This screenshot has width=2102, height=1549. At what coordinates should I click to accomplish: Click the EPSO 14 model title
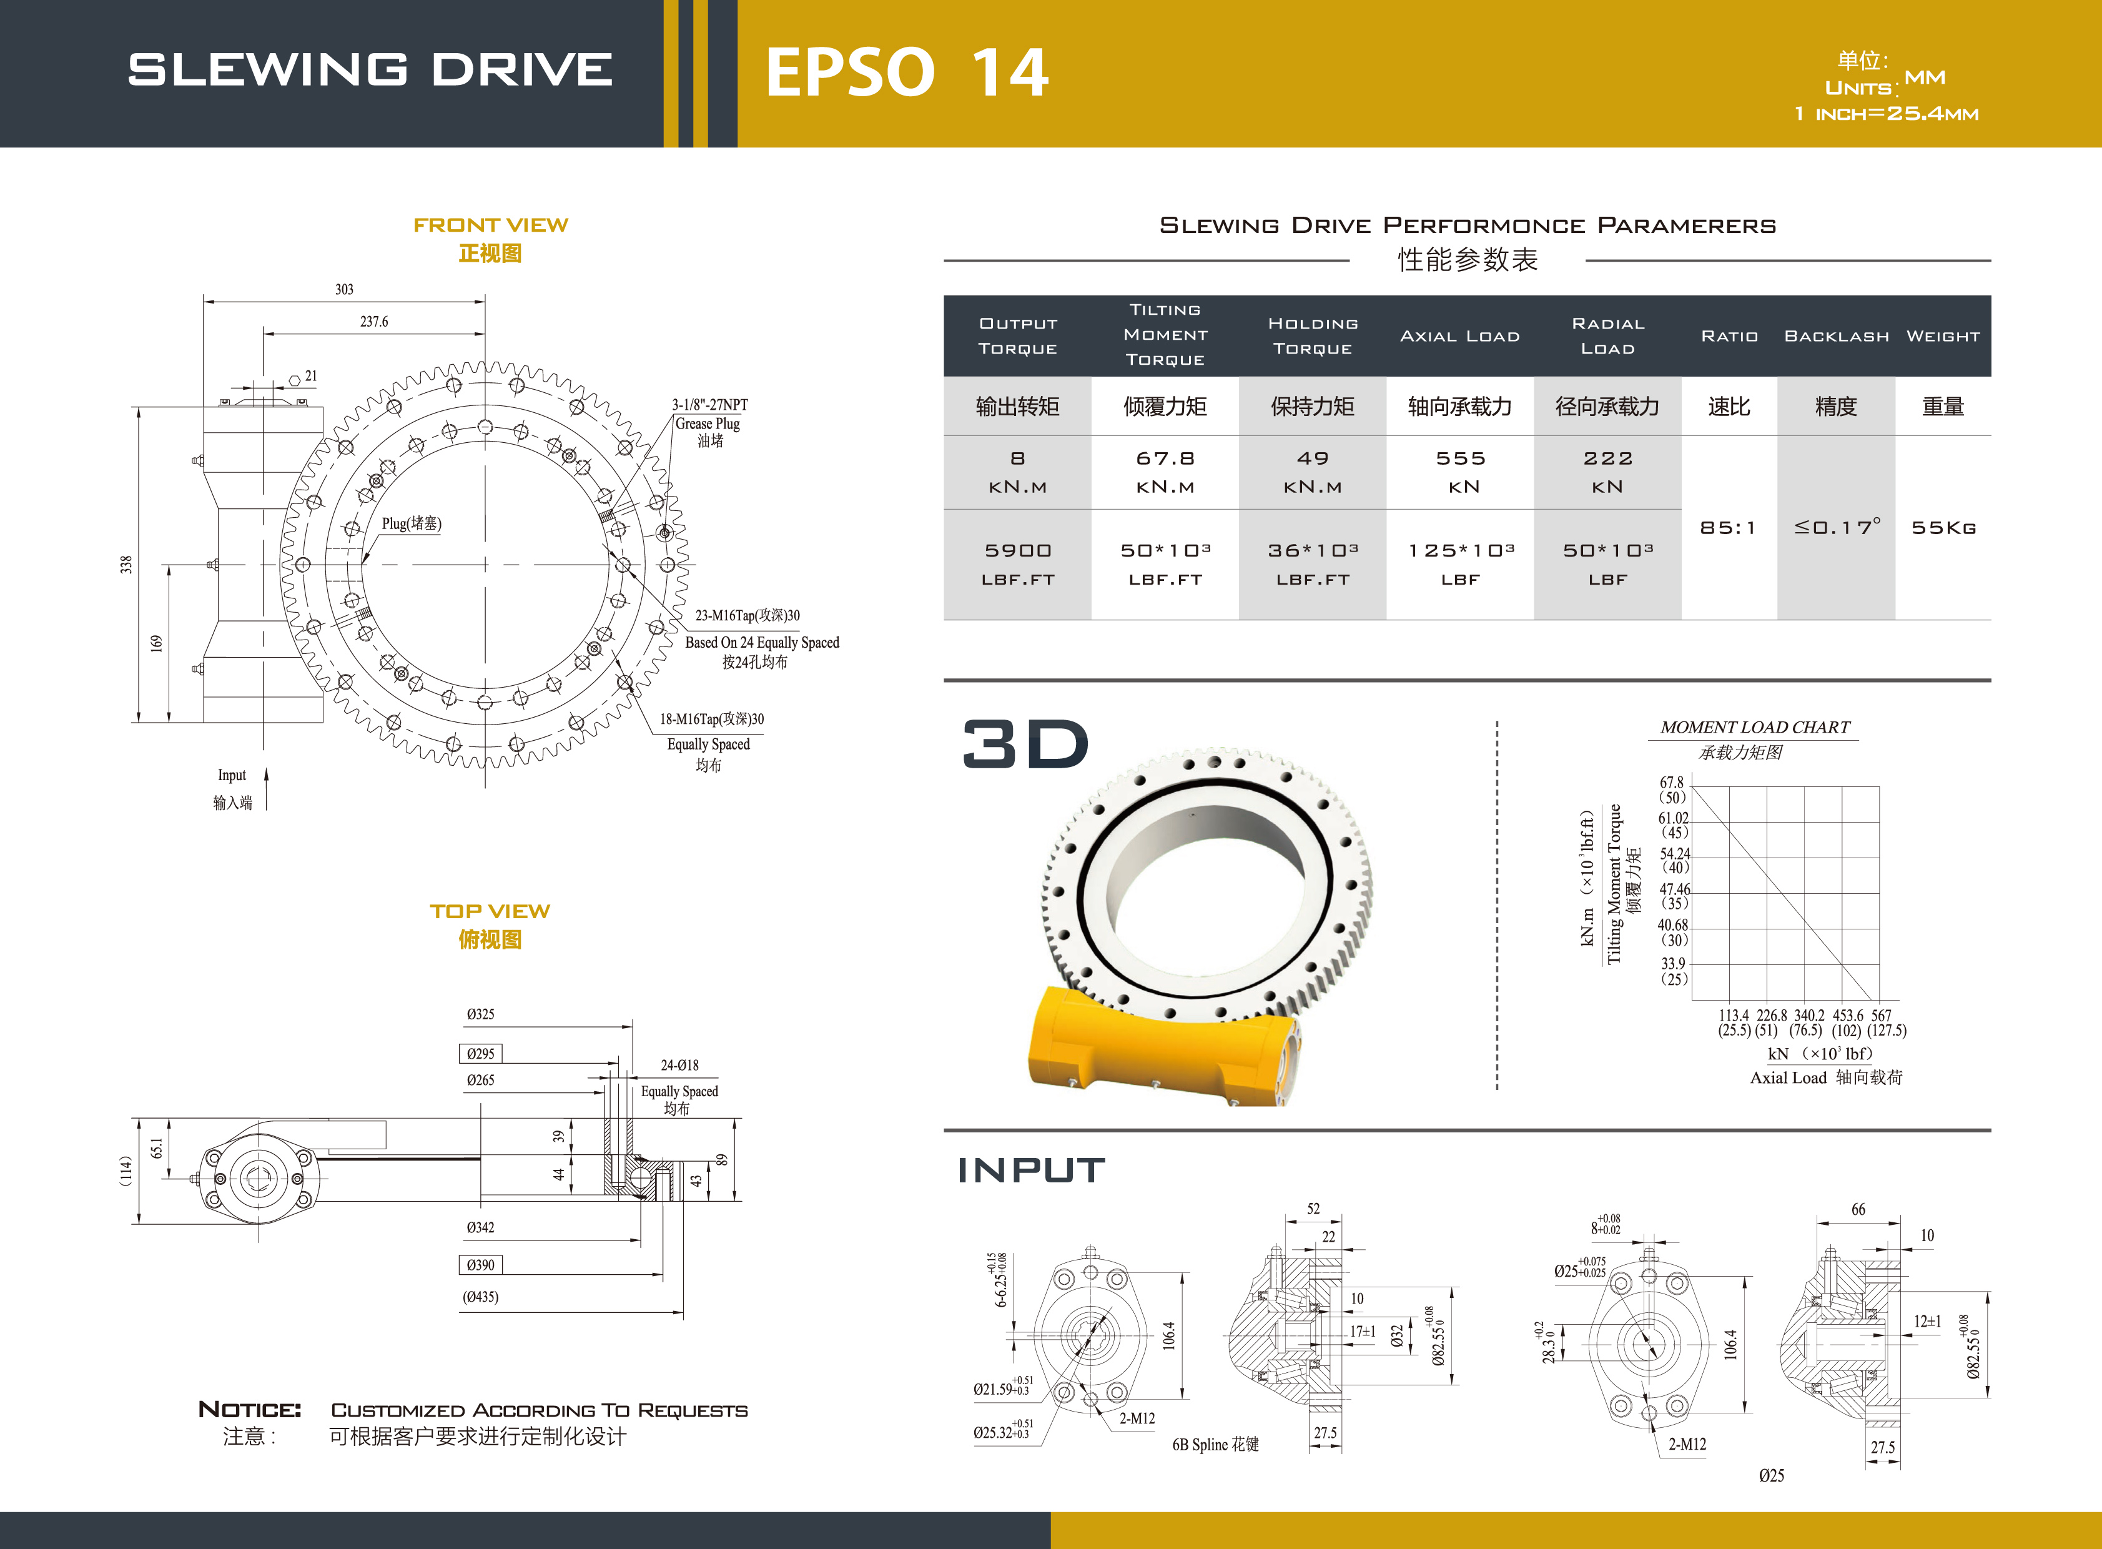[x=907, y=72]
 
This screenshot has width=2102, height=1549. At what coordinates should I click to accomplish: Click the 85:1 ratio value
[x=1728, y=528]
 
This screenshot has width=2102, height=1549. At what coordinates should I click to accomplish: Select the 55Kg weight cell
[x=1943, y=528]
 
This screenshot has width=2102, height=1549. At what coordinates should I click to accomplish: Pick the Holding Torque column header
[x=1313, y=335]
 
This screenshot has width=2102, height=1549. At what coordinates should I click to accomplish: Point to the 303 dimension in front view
[x=344, y=290]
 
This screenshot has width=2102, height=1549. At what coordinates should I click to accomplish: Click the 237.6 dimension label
[x=374, y=322]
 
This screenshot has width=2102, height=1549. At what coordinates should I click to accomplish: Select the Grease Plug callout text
[x=708, y=424]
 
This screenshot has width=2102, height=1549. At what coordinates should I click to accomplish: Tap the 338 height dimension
[x=126, y=565]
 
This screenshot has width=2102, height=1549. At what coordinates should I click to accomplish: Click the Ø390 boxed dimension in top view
[x=480, y=1265]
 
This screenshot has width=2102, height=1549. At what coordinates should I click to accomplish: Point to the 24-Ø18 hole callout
[x=679, y=1065]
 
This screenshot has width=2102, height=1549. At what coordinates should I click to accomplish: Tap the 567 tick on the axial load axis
[x=1882, y=1016]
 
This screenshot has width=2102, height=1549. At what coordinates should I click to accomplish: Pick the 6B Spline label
[x=1215, y=1445]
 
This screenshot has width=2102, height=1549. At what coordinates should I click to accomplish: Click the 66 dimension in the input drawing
[x=1858, y=1210]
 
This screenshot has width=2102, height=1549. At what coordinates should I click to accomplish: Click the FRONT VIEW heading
[x=490, y=225]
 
